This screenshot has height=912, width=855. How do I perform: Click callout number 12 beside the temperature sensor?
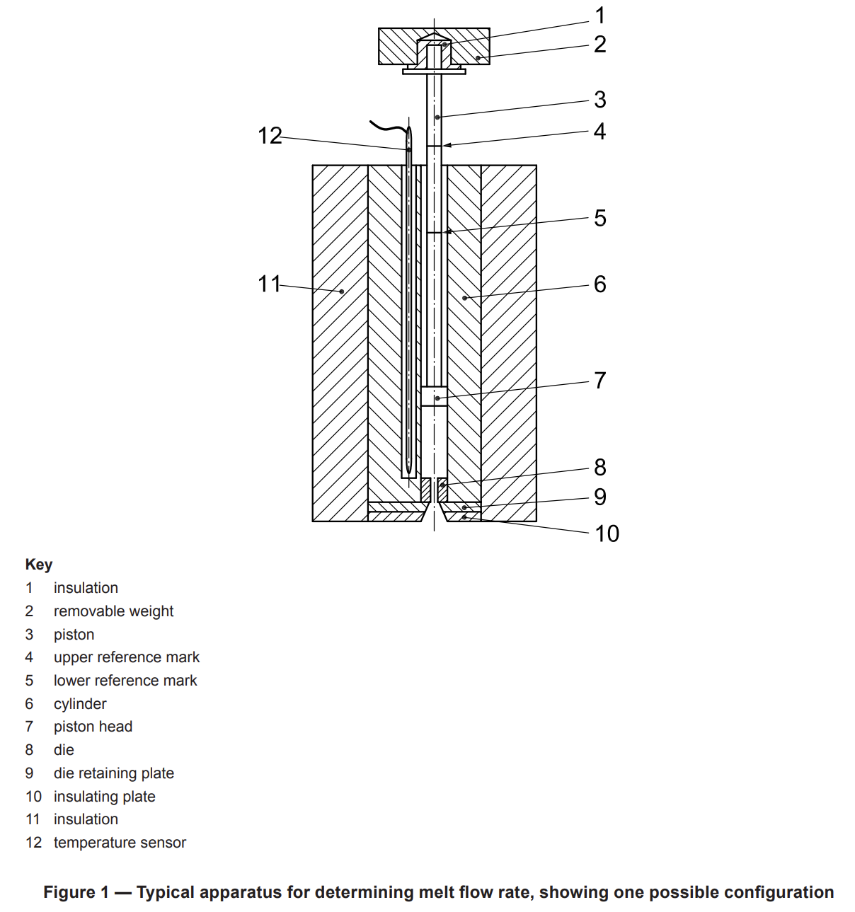[x=270, y=136]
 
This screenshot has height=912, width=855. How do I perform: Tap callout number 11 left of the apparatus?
[x=269, y=284]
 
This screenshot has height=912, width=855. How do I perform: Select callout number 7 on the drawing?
[x=599, y=380]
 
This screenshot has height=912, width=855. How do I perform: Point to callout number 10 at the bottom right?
[x=607, y=533]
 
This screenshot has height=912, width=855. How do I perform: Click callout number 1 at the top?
[x=600, y=16]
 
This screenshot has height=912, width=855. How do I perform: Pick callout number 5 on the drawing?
[x=600, y=218]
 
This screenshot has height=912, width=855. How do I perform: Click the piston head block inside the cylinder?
[x=434, y=396]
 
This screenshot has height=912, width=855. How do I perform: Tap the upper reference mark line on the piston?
[x=434, y=146]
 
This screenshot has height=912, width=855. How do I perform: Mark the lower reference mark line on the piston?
[x=434, y=232]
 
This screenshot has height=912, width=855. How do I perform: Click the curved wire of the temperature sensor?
[x=389, y=127]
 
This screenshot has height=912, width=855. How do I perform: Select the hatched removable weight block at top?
[x=434, y=46]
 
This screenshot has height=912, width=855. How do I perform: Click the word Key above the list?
[x=39, y=564]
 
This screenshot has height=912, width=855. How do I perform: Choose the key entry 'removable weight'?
[x=113, y=611]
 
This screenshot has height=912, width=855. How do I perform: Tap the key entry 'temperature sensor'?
[x=120, y=842]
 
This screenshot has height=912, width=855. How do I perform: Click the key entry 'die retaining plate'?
[x=114, y=773]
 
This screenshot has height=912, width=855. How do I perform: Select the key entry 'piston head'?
[x=93, y=727]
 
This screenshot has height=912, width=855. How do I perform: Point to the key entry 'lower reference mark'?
[x=125, y=680]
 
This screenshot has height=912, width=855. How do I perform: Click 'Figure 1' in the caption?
[x=76, y=891]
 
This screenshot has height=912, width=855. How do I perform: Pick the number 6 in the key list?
[x=30, y=703]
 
